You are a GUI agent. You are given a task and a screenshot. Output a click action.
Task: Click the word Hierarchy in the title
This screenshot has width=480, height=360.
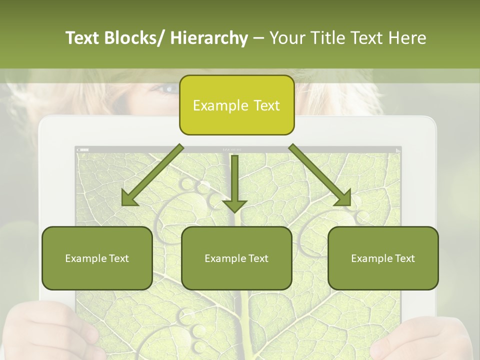pos(208,38)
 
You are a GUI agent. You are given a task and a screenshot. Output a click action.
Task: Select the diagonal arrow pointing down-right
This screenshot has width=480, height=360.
pos(320,175)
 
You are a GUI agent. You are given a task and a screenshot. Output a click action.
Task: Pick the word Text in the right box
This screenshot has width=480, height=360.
pos(404,258)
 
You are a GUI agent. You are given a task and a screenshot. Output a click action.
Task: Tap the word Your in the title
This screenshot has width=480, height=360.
pos(285,38)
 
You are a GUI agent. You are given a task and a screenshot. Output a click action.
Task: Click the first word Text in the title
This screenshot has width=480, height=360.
pos(83,38)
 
